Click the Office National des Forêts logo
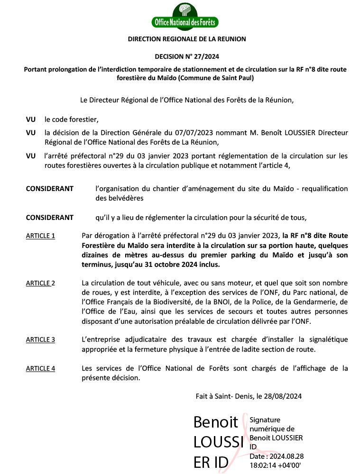(x=185, y=16)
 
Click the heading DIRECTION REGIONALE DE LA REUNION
(x=187, y=39)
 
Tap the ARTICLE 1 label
(x=40, y=236)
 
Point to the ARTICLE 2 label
(x=40, y=283)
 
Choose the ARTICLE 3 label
(x=40, y=339)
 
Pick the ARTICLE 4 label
(x=40, y=368)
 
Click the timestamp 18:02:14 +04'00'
(x=275, y=465)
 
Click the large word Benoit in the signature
(x=216, y=422)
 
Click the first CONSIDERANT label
(x=49, y=189)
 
